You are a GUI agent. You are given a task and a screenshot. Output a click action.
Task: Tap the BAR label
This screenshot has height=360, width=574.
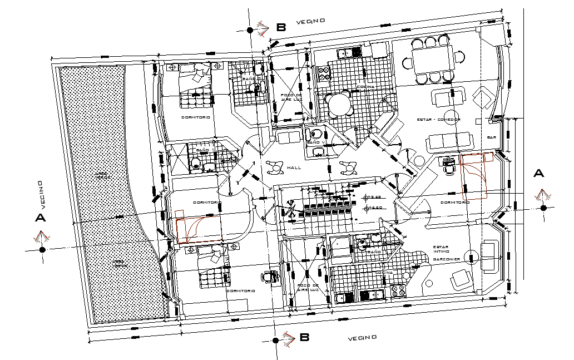pos(491,137)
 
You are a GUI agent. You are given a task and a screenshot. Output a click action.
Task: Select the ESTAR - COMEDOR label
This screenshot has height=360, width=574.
pos(439,119)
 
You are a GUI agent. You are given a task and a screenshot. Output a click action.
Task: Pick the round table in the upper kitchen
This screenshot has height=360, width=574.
pos(339,103)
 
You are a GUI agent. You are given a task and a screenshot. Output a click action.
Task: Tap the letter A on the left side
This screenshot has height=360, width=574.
pos(40,218)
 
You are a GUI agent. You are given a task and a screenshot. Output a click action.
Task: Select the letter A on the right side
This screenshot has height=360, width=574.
pos(538,173)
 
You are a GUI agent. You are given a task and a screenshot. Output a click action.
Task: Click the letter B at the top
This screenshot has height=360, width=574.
pos(281,27)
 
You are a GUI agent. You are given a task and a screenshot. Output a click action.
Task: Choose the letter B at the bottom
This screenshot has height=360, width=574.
pos(304,337)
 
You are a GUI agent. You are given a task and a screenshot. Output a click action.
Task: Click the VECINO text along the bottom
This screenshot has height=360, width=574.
pos(363,338)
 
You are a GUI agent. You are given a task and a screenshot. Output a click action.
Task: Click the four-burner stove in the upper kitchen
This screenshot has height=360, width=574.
pos(324,72)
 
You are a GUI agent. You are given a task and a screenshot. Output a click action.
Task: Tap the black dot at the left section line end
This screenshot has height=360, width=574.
pos(42,250)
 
